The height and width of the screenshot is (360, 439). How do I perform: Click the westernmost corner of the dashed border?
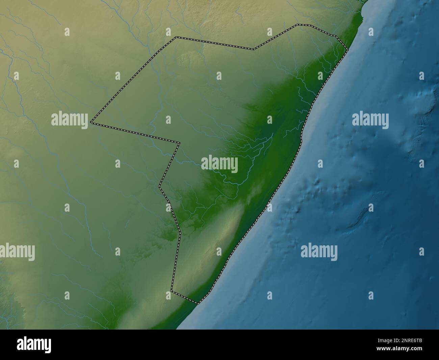(91, 123)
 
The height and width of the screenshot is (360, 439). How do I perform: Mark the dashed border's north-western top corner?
(176, 37)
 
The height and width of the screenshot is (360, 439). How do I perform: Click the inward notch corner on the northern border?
(254, 49)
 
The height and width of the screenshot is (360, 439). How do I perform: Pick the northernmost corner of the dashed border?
(298, 24)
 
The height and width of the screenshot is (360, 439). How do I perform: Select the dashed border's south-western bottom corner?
(172, 291)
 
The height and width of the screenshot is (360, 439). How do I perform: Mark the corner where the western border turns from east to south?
(179, 143)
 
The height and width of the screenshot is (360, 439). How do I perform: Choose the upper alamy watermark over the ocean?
(370, 120)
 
